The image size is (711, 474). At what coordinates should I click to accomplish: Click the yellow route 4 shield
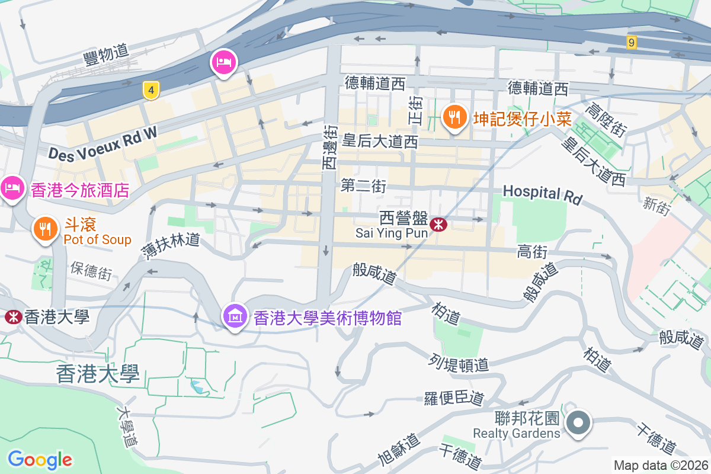pyautogui.click(x=152, y=90)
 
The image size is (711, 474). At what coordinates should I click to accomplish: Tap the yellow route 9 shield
pyautogui.click(x=632, y=42)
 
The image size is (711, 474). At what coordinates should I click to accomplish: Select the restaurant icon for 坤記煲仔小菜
pyautogui.click(x=454, y=117)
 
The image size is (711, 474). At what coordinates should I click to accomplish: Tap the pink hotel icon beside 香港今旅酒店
pyautogui.click(x=12, y=188)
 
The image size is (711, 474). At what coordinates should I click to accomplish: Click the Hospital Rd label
pyautogui.click(x=542, y=194)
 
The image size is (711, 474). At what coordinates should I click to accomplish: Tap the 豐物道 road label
pyautogui.click(x=106, y=54)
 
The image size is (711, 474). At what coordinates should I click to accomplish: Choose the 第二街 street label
pyautogui.click(x=363, y=187)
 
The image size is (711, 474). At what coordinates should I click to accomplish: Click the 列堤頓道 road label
pyautogui.click(x=459, y=363)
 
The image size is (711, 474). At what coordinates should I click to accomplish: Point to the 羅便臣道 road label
pyautogui.click(x=454, y=398)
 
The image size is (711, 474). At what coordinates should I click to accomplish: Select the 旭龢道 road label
pyautogui.click(x=399, y=450)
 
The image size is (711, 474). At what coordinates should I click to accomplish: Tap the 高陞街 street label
pyautogui.click(x=605, y=119)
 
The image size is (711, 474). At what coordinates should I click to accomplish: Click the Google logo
pyautogui.click(x=40, y=459)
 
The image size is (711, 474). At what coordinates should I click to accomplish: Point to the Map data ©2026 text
pyautogui.click(x=660, y=465)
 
